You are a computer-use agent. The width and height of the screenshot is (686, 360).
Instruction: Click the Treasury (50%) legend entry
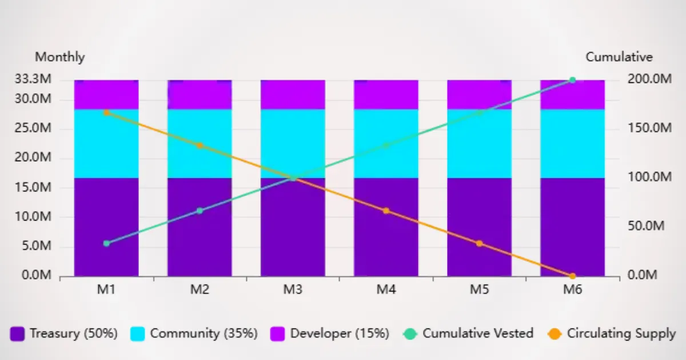point(64,334)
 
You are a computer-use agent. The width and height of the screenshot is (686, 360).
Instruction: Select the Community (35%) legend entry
point(194,334)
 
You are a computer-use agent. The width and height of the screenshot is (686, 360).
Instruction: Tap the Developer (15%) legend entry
point(330,334)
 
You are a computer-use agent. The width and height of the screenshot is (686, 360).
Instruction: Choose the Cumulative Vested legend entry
point(468,334)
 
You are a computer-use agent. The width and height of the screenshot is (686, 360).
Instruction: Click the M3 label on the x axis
point(293,290)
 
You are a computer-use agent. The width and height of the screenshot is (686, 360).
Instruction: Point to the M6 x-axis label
point(572,290)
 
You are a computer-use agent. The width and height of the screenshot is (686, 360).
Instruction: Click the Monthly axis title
point(60,57)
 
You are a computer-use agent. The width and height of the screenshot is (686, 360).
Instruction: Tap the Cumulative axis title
point(619,57)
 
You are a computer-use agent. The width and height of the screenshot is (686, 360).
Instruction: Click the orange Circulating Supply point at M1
point(106,113)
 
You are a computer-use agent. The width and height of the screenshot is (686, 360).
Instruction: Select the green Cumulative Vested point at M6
point(572,80)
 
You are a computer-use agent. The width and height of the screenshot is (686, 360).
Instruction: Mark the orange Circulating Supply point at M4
point(386,211)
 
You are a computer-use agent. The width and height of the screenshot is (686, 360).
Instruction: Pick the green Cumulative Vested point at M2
point(200,211)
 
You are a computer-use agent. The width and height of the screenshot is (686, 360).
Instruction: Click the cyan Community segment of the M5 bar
point(479,143)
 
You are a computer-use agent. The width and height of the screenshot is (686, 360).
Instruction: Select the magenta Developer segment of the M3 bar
point(293,94)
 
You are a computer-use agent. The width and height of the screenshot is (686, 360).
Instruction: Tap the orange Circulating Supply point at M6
point(572,276)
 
